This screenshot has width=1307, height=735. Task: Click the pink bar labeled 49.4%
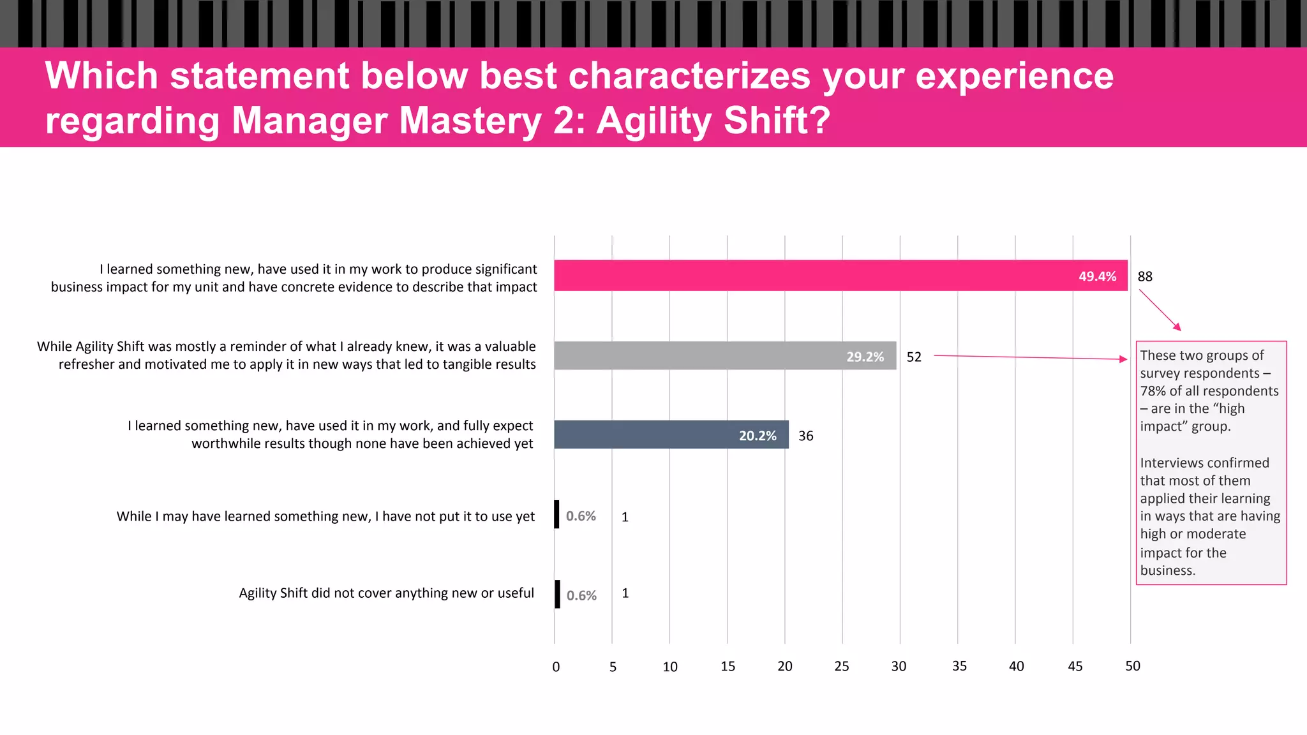pyautogui.click(x=840, y=276)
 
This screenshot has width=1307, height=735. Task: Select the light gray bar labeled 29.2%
pyautogui.click(x=724, y=355)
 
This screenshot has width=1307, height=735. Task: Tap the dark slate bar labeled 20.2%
pyautogui.click(x=671, y=434)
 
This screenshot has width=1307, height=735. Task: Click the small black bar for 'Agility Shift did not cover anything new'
pyautogui.click(x=557, y=594)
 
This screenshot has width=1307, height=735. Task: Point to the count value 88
pyautogui.click(x=1145, y=276)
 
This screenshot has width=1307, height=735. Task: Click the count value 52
pyautogui.click(x=914, y=357)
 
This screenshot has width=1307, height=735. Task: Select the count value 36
pyautogui.click(x=805, y=436)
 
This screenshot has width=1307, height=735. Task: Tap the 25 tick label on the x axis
pyautogui.click(x=842, y=666)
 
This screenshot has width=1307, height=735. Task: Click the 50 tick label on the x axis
pyautogui.click(x=1132, y=666)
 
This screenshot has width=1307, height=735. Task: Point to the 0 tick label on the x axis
pyautogui.click(x=556, y=667)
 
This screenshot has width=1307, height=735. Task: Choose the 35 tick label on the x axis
pyautogui.click(x=959, y=666)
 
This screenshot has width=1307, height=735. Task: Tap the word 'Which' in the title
pyautogui.click(x=101, y=76)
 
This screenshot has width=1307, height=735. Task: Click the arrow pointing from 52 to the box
pyautogui.click(x=1030, y=357)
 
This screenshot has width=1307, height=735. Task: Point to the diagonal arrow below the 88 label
pyautogui.click(x=1160, y=310)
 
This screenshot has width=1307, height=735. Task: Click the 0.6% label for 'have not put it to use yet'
pyautogui.click(x=581, y=516)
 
